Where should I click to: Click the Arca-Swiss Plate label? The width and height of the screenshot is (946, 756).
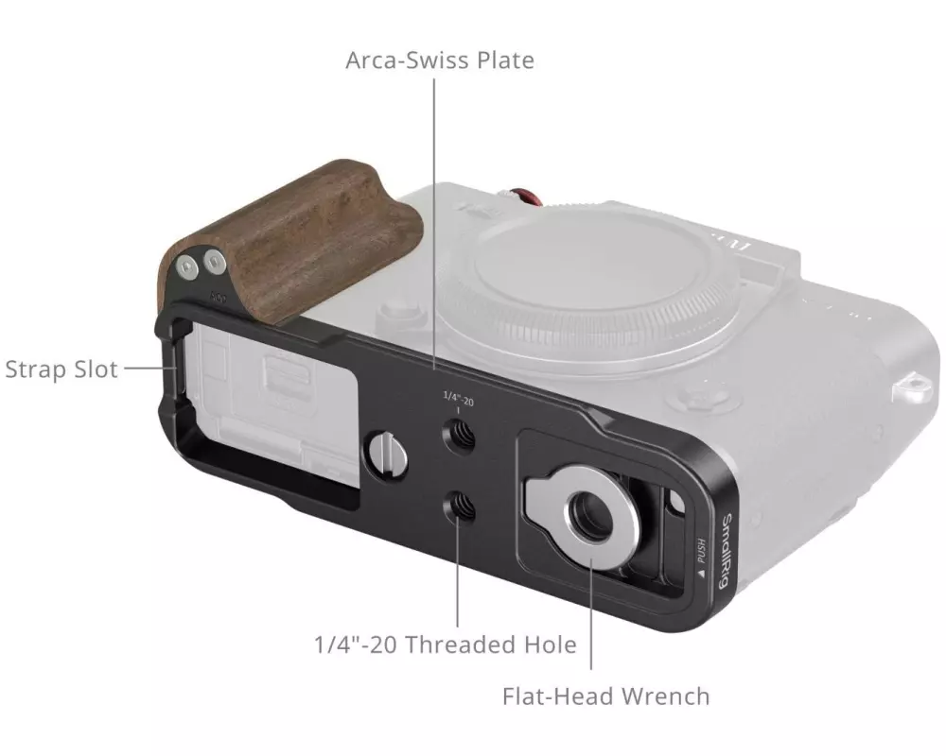(440, 60)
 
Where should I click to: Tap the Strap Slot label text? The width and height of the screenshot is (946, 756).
(61, 369)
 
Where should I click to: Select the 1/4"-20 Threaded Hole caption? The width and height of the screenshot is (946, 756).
(446, 644)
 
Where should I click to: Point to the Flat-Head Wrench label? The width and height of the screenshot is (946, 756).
(605, 696)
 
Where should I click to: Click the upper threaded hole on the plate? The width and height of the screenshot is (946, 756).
(459, 437)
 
